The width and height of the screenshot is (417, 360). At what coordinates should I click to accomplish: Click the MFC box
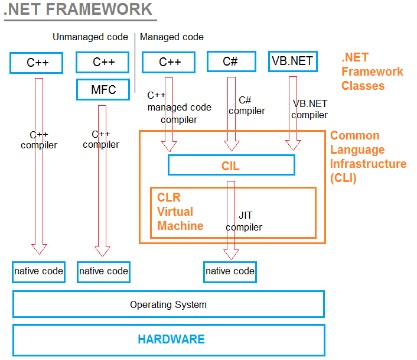(103, 89)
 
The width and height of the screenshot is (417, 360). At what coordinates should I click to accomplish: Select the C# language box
(232, 61)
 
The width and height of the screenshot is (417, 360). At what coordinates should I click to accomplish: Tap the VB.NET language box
(293, 61)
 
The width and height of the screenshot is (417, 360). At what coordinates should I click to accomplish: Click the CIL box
(232, 165)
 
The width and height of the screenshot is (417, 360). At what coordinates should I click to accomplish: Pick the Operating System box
(168, 304)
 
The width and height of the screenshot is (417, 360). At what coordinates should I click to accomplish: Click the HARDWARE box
(168, 340)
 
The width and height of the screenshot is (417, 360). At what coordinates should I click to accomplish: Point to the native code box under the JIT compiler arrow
(230, 272)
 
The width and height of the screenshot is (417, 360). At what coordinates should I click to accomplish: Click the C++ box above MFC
(102, 62)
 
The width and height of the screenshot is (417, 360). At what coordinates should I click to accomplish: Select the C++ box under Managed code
(168, 62)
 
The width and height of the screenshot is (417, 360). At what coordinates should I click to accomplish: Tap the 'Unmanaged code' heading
(90, 37)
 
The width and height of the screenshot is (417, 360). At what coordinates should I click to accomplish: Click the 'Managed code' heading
(172, 37)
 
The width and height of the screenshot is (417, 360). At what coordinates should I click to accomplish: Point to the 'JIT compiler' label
(244, 221)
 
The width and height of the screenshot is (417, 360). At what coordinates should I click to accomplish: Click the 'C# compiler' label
(247, 105)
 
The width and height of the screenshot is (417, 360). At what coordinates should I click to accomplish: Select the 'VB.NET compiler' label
(310, 109)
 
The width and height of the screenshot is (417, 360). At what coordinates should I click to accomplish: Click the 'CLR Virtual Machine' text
(180, 212)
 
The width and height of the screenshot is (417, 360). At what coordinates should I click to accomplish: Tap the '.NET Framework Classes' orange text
(372, 72)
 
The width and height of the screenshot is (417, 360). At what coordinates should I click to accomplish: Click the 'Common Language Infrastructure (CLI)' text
(368, 157)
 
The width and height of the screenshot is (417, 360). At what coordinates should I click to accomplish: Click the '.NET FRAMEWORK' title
(78, 9)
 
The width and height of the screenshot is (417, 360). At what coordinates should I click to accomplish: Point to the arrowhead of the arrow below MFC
(102, 251)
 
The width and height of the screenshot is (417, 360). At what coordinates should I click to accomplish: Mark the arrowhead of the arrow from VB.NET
(293, 145)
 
